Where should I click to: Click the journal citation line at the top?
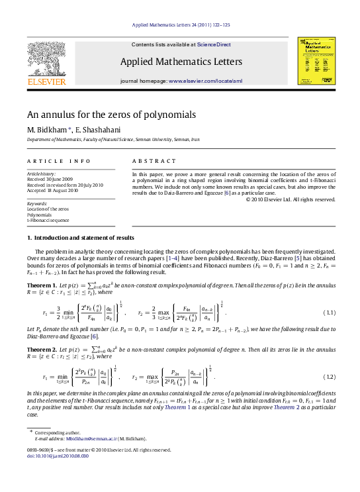pos(180,25)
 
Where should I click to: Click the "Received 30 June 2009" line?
pos(50,179)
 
